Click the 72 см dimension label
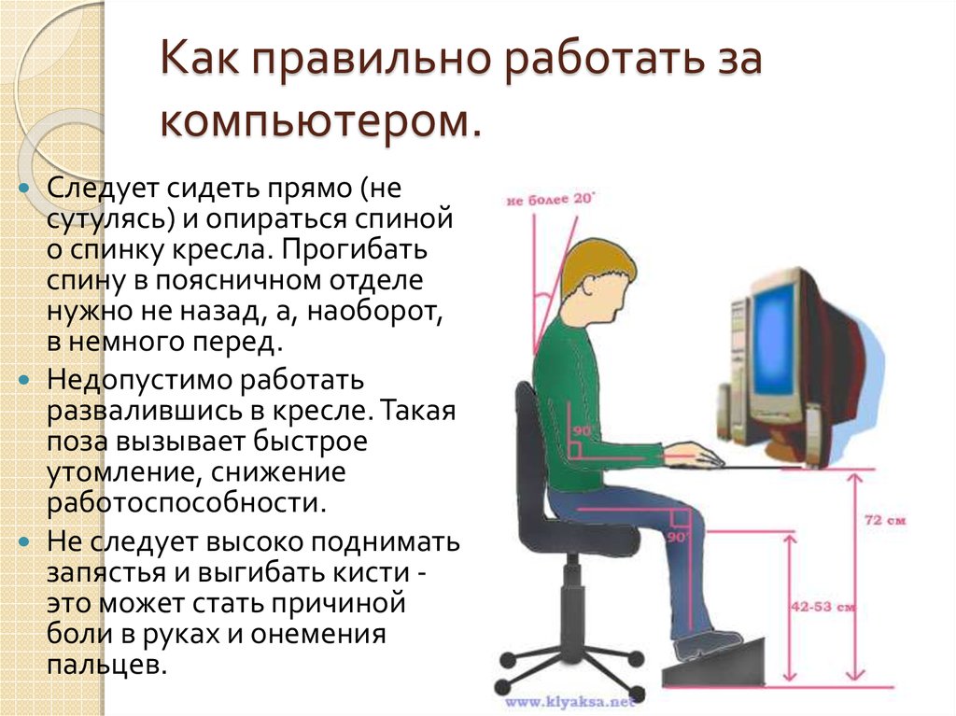pos(885,520)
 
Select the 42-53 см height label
pos(823,607)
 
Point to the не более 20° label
pos(550,199)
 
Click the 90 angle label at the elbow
pos(583,430)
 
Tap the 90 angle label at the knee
pos(678,538)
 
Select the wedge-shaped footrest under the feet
pos(713,663)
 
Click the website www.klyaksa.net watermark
pos(570,702)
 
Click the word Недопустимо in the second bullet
pos(139,381)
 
